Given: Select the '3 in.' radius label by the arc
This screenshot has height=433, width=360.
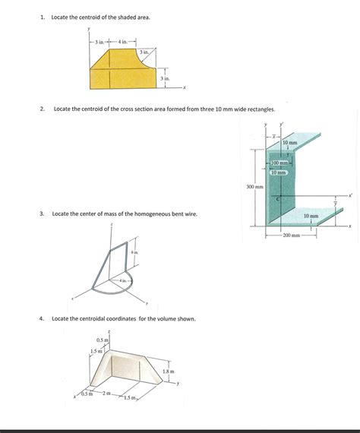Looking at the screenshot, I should click(x=144, y=52).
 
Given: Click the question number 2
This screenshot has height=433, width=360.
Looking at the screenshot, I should click(x=43, y=109).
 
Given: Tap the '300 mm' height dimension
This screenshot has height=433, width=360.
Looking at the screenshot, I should click(x=254, y=186).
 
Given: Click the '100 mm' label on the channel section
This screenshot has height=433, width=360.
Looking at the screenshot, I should click(x=280, y=163).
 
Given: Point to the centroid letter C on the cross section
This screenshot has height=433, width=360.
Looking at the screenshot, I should click(x=278, y=200).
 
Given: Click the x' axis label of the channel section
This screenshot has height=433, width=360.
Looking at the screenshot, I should click(x=350, y=195).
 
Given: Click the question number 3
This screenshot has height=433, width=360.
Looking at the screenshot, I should click(x=43, y=214).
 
